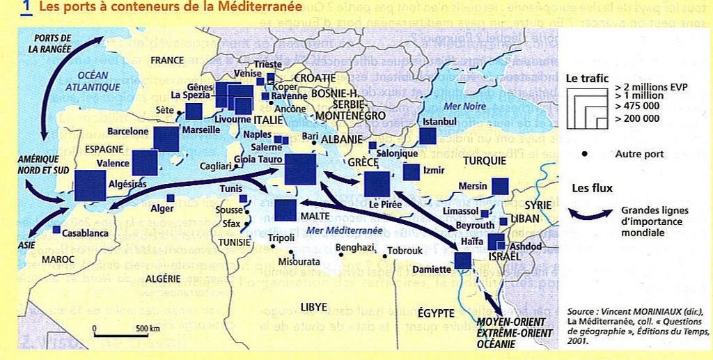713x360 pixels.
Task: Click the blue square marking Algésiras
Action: [90, 185]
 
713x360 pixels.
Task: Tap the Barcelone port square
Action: [166, 139]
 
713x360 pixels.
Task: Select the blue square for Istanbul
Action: [428, 136]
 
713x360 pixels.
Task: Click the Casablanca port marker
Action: [56, 229]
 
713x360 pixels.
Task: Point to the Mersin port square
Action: [499, 186]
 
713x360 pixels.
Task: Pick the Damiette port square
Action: [462, 260]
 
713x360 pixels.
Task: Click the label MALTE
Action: [315, 217]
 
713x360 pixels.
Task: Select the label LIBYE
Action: [313, 306]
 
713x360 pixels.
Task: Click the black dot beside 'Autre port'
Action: [583, 153]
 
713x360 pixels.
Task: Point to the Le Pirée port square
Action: [377, 184]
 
